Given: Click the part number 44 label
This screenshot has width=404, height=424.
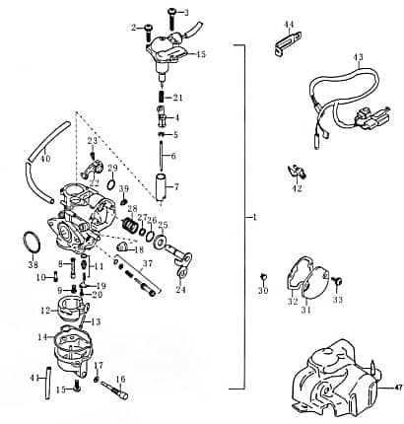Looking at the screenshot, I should pos(289,24).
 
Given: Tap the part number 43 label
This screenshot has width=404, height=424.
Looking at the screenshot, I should pos(358,57).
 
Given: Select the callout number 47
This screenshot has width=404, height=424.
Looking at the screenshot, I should pos(398,388).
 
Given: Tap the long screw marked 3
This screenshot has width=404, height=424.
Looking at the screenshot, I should pos(171,22).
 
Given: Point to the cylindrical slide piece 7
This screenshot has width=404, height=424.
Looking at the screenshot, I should pos(161,184).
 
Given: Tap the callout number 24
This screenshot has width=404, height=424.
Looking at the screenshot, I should pos(180,291).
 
